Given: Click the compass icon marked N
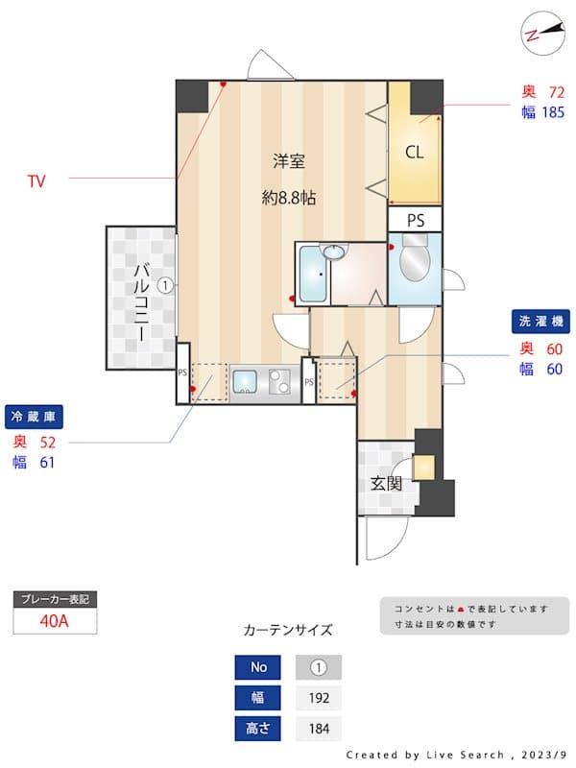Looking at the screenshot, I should [x=541, y=32].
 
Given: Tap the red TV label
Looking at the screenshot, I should [x=36, y=180].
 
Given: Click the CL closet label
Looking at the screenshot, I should [x=414, y=152].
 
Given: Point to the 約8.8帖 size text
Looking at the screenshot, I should [x=289, y=199].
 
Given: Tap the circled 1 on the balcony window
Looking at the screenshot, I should [x=165, y=285].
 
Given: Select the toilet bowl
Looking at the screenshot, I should [x=415, y=262].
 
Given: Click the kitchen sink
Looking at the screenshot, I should [x=246, y=383].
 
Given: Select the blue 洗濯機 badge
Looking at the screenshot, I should [x=540, y=321].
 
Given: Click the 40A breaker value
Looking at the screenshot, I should [x=55, y=620].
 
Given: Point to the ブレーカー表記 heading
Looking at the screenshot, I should [x=55, y=599].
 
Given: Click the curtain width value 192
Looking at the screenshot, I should [x=318, y=698].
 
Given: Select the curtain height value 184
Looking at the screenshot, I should [x=318, y=729].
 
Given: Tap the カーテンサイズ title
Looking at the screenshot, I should [x=288, y=631].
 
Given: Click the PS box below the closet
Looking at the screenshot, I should [x=415, y=220].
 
